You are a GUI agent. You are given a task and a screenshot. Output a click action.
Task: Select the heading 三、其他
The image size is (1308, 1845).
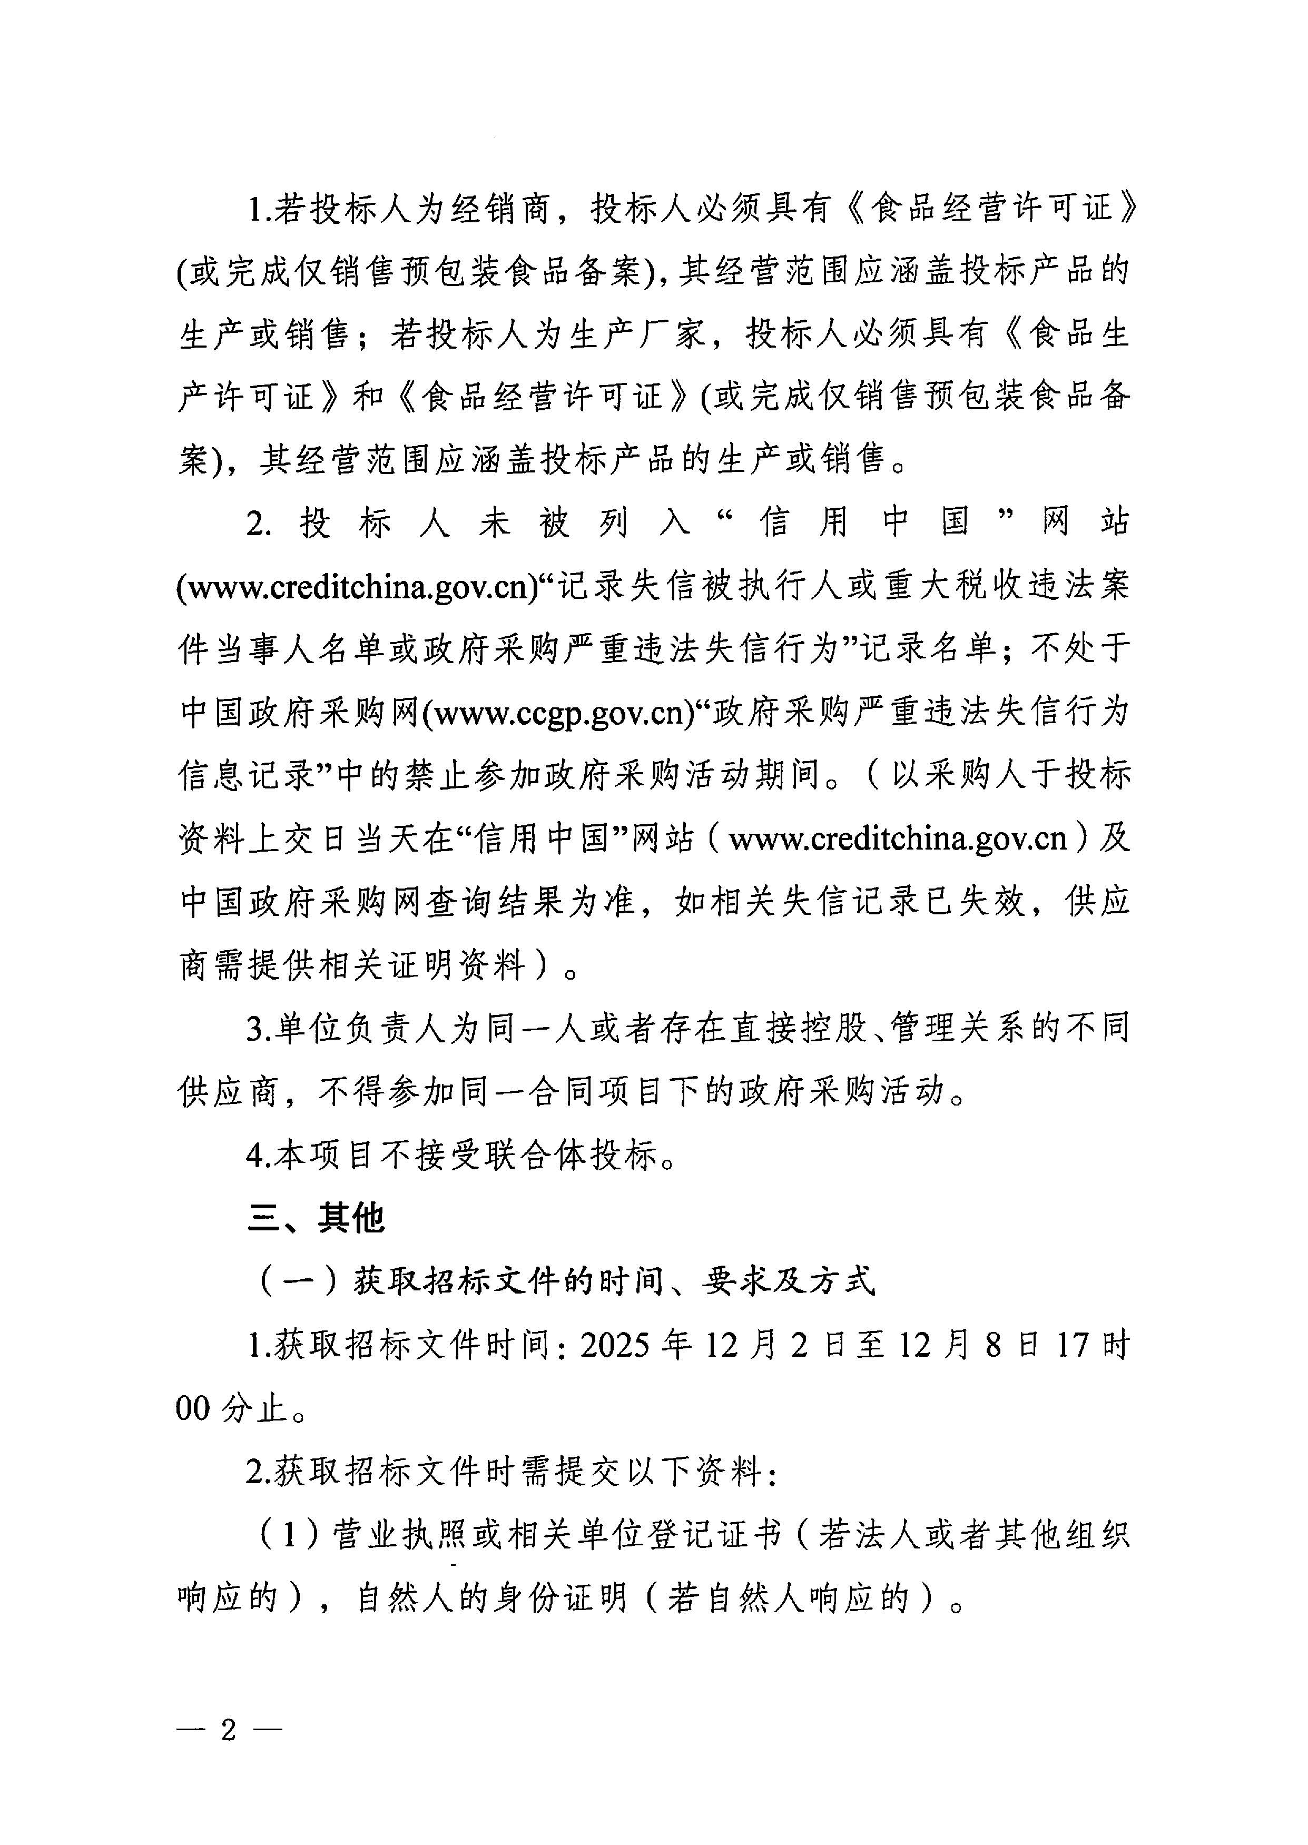pos(316,1218)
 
